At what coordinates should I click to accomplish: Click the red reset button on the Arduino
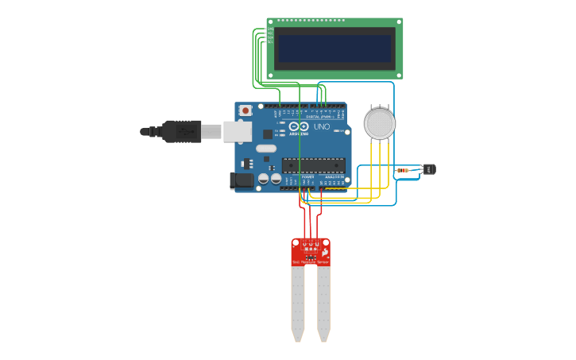coord(245,110)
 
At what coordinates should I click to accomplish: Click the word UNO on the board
coord(322,126)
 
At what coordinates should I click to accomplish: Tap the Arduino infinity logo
coord(299,126)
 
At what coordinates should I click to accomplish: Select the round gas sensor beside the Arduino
coord(379,123)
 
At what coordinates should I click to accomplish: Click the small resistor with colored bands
coord(403,170)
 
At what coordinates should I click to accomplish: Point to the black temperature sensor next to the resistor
coord(430,169)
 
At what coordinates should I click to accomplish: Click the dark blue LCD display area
coord(334,48)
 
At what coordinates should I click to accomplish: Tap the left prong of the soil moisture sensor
coord(298,302)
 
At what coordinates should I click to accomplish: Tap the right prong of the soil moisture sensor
coord(323,302)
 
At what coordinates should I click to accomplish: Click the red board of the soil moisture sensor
coord(311,251)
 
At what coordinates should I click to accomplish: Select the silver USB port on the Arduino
coord(238,131)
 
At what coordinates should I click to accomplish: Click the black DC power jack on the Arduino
coord(242,181)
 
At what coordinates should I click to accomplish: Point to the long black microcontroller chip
coord(314,165)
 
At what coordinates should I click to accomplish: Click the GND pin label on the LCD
coord(270,29)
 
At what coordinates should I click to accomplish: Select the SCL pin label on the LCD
coord(270,41)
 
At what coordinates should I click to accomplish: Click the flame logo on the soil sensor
coord(325,251)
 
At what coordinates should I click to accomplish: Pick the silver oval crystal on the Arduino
coord(266,148)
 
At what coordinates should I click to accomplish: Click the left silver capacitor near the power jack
coord(262,179)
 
